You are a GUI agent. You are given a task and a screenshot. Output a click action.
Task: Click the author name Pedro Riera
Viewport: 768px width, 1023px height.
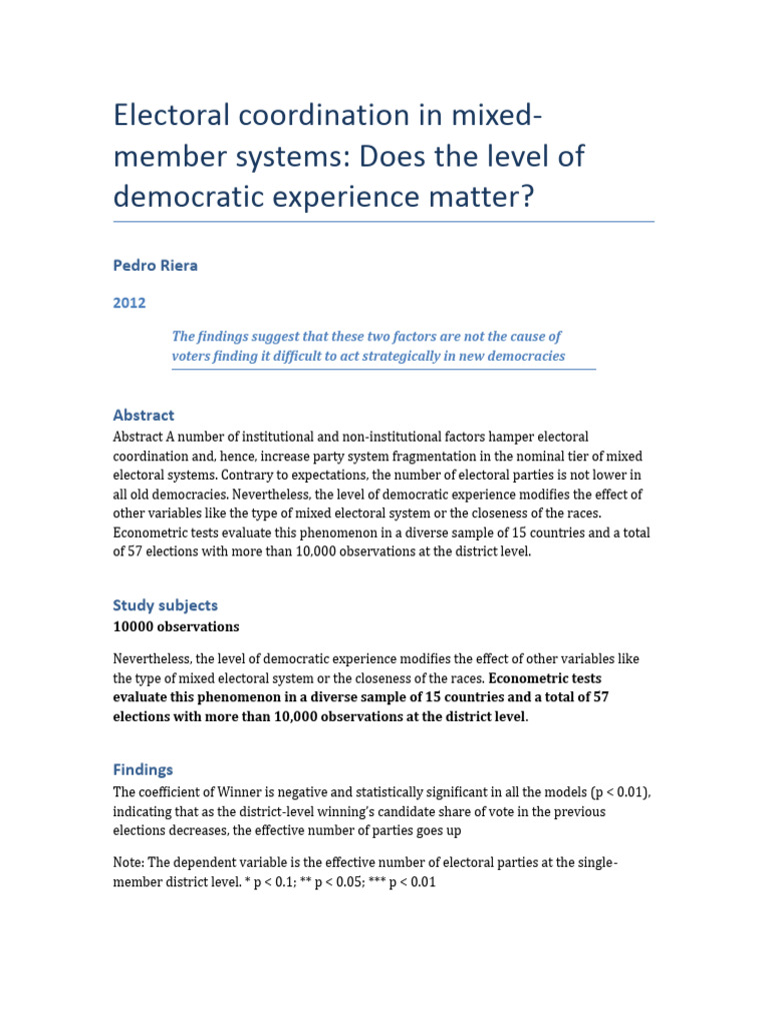tap(155, 267)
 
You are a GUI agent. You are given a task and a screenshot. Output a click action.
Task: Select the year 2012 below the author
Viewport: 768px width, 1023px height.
tap(128, 303)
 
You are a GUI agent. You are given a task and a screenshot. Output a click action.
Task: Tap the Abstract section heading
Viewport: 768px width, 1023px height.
tap(143, 415)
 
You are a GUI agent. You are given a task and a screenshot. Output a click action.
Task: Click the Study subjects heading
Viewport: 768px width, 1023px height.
tap(165, 604)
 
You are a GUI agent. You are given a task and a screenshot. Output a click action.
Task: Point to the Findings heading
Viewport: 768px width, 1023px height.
tap(143, 769)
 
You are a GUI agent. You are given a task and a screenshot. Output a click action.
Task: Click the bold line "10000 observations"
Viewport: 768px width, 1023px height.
tap(176, 627)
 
